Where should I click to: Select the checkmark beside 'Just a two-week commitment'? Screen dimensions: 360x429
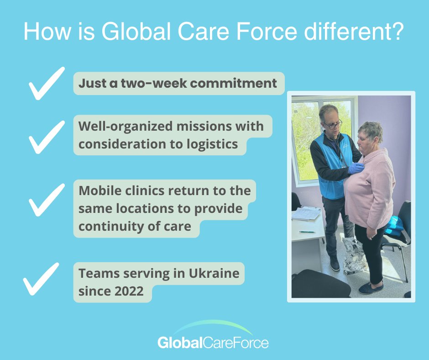click(46, 83)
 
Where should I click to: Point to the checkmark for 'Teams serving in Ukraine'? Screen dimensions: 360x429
click(41, 279)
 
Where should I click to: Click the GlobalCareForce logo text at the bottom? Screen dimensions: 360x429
click(213, 343)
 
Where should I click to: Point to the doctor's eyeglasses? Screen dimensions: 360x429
click(333, 125)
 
